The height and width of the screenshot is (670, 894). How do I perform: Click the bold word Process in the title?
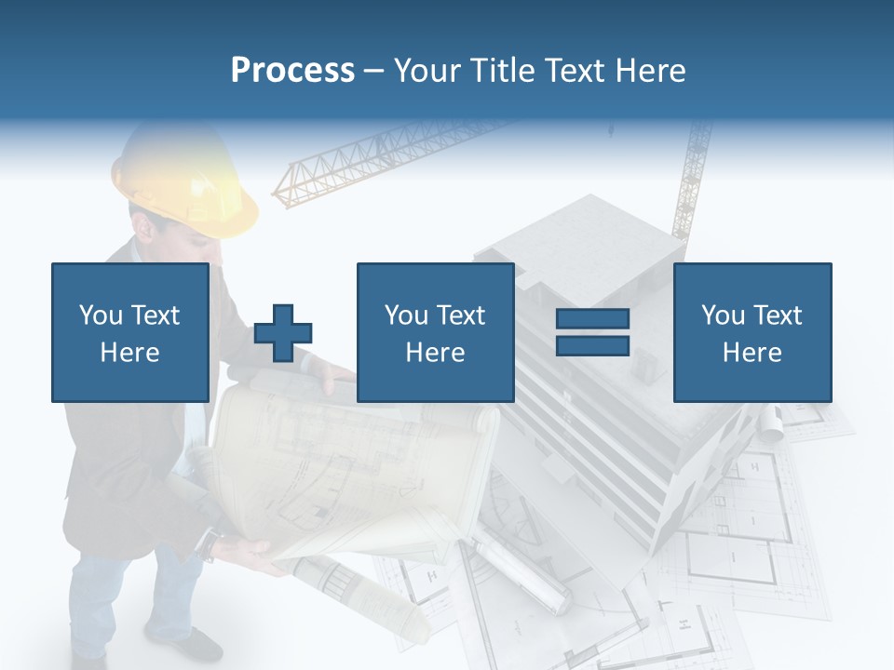point(292,70)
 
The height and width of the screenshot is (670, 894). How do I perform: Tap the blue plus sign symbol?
point(283,332)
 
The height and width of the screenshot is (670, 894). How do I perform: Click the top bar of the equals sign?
point(592,319)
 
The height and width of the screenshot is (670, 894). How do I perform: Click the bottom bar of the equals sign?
point(592,345)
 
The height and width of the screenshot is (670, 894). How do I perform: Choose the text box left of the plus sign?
point(129,332)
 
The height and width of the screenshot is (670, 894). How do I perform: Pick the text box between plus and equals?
point(435,332)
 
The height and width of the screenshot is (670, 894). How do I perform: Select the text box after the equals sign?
point(752,332)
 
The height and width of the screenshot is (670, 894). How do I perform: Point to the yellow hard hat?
point(191,181)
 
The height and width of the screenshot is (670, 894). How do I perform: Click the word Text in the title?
point(574,70)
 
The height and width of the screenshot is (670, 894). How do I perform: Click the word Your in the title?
point(428,70)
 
